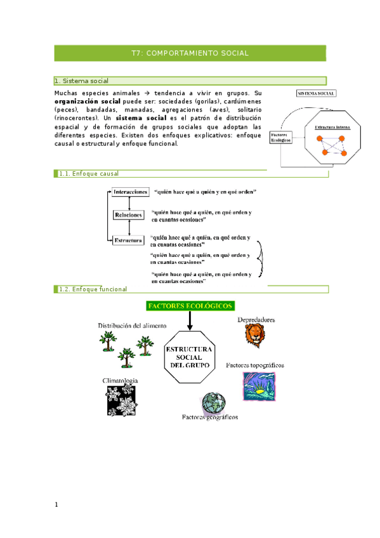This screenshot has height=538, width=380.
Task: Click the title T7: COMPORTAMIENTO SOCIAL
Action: click(x=190, y=54)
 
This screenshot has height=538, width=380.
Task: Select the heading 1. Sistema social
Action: click(x=82, y=81)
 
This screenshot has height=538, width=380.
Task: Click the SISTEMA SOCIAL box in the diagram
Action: click(x=317, y=93)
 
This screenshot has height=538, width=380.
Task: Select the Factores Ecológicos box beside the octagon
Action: click(x=280, y=137)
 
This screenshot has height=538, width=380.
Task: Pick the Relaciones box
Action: click(x=129, y=216)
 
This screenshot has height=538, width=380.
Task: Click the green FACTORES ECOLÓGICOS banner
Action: click(x=190, y=306)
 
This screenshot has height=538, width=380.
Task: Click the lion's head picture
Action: click(x=255, y=336)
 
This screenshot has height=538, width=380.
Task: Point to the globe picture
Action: click(x=213, y=403)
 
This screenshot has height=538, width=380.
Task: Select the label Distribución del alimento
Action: click(x=132, y=325)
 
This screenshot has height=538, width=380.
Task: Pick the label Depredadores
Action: click(x=256, y=320)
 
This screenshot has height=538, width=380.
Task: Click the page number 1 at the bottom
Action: click(x=56, y=505)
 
